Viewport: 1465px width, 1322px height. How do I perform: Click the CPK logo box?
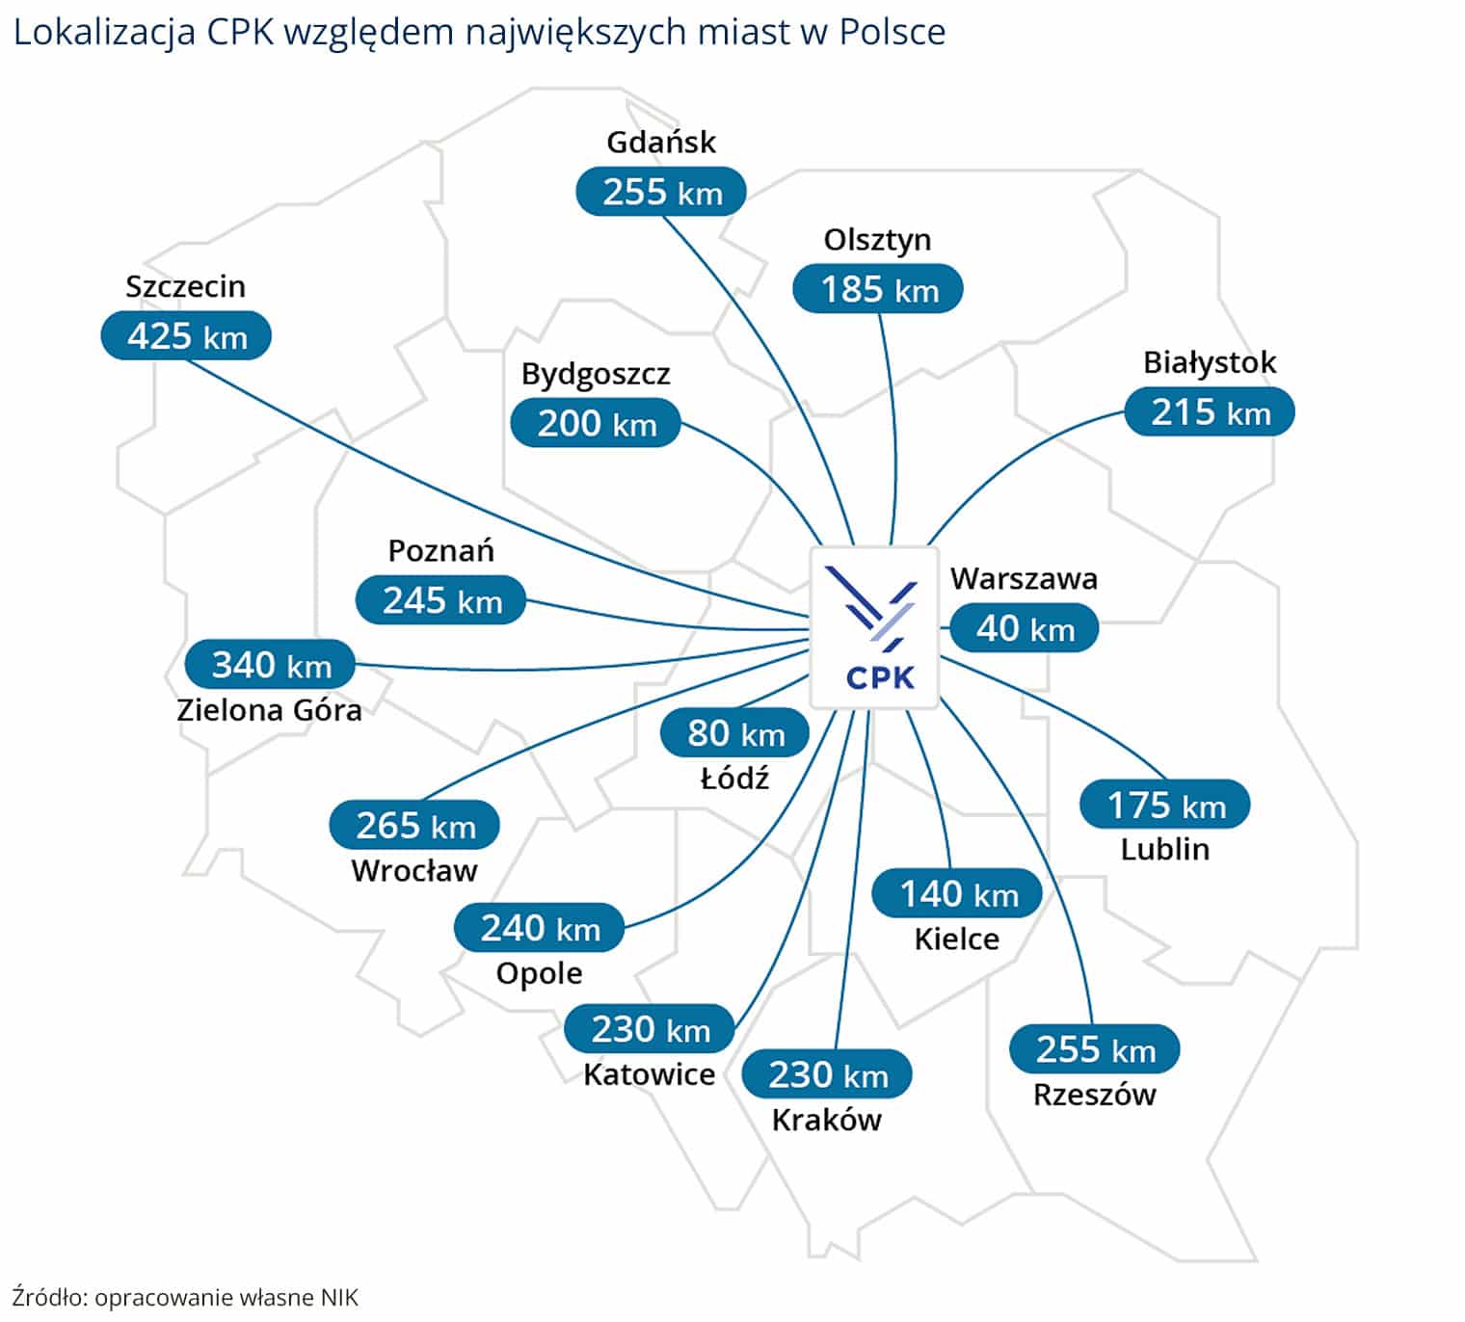[874, 628]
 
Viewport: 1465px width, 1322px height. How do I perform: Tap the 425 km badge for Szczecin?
[186, 336]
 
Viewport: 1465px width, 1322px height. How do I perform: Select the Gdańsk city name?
[661, 143]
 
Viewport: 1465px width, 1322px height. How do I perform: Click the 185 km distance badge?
[878, 289]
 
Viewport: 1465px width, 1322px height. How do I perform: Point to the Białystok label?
[1210, 362]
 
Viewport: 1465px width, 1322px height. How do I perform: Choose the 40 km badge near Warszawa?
[1025, 628]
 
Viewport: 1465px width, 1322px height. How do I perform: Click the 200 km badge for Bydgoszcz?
[596, 423]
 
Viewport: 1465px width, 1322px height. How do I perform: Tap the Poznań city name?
[440, 551]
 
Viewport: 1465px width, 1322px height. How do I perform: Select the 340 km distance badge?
[271, 665]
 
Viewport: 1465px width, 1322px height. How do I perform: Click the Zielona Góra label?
[269, 710]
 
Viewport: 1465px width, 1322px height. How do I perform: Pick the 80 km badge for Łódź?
[735, 733]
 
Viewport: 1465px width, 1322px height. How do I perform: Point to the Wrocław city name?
[414, 871]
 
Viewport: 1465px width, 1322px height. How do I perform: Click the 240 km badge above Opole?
[540, 928]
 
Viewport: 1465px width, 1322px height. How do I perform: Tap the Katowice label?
[649, 1074]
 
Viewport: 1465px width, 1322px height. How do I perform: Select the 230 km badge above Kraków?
[827, 1074]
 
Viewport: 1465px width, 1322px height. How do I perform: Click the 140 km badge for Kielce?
[958, 894]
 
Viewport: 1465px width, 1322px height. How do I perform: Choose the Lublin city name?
[1164, 849]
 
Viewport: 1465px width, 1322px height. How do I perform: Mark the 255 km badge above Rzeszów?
[1095, 1049]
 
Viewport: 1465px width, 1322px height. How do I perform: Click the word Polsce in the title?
[892, 32]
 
